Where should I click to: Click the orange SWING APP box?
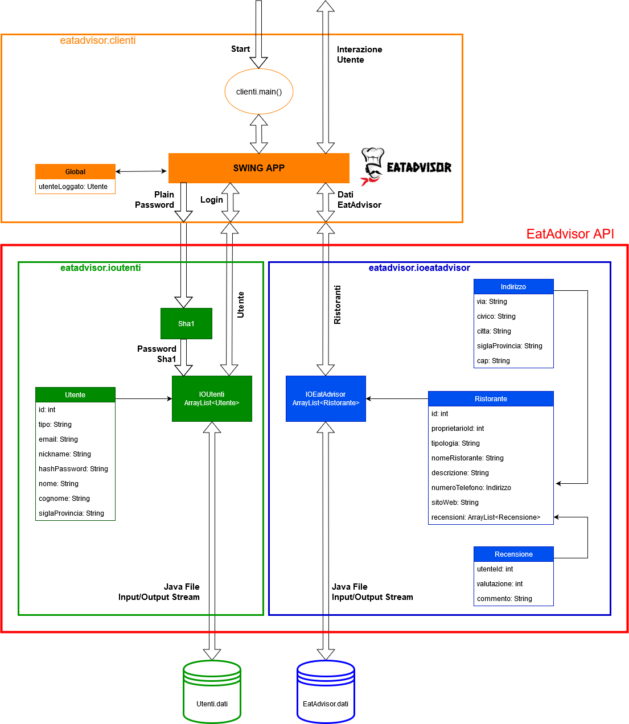click(x=258, y=168)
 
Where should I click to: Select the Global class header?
click(x=75, y=172)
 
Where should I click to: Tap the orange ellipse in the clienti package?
click(x=258, y=91)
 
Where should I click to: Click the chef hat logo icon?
click(x=372, y=167)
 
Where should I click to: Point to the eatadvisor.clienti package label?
click(x=98, y=40)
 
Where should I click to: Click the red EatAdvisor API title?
click(x=570, y=234)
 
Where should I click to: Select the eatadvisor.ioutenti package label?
click(x=101, y=268)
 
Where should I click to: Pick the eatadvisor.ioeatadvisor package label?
click(x=419, y=268)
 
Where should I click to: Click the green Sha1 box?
click(x=186, y=323)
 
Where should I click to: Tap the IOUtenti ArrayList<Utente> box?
click(x=212, y=398)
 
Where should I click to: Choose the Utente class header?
click(x=75, y=395)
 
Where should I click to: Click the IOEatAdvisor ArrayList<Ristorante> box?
click(x=326, y=398)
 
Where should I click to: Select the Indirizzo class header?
click(x=513, y=287)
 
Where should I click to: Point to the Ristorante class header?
click(x=491, y=399)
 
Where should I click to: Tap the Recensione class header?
click(x=513, y=554)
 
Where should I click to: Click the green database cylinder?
click(x=212, y=692)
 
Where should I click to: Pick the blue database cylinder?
click(x=326, y=692)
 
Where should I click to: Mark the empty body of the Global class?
click(x=75, y=187)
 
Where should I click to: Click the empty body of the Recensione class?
click(x=513, y=583)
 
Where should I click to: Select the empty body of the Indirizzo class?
click(x=513, y=331)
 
